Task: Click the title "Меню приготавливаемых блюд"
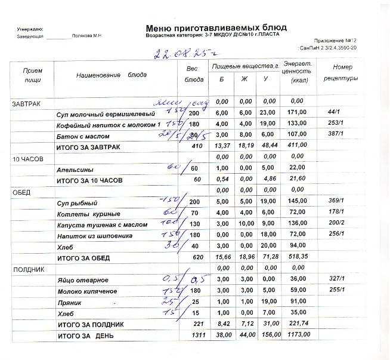(216, 28)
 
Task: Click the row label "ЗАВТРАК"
(26, 104)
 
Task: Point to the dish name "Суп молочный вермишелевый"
(106, 113)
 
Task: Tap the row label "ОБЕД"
(21, 193)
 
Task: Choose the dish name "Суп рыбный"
(75, 203)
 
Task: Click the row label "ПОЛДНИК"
(25, 270)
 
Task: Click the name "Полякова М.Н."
(88, 36)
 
